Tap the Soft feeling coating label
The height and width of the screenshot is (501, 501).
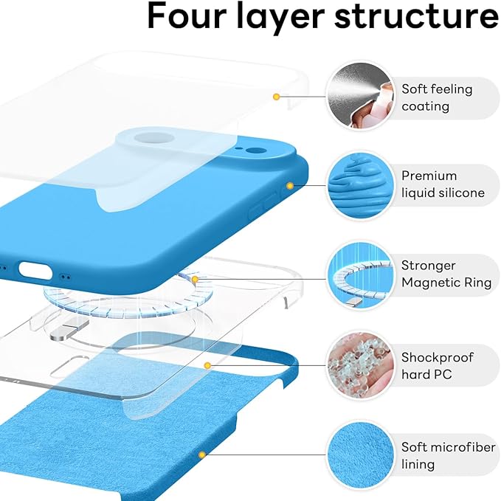point(437,97)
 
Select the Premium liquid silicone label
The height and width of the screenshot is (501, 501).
point(443,184)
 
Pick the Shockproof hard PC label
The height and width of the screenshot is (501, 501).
point(438,365)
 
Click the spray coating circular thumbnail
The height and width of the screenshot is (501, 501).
point(359,96)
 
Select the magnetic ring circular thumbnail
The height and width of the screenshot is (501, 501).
point(359,275)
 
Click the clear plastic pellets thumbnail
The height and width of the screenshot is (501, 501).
point(359,365)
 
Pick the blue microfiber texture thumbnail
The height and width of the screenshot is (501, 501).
point(359,456)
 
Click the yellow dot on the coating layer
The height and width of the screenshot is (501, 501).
point(276,97)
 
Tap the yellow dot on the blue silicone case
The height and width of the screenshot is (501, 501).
point(290,185)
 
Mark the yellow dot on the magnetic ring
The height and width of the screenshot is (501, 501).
point(196,279)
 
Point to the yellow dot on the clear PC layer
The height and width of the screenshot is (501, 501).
point(208,364)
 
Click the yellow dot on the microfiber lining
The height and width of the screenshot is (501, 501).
point(201,455)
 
